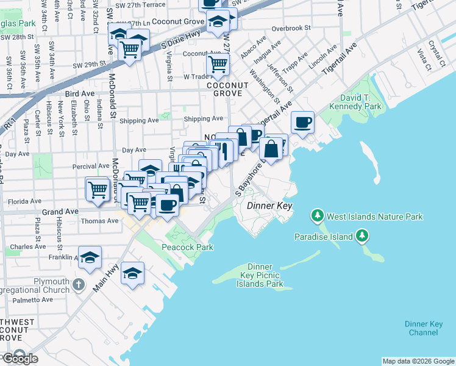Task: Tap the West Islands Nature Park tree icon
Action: click(x=317, y=216)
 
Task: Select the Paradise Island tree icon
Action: click(x=362, y=235)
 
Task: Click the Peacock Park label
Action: click(x=187, y=247)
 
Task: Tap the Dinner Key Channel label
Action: click(x=422, y=328)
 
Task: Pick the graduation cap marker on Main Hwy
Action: click(x=132, y=274)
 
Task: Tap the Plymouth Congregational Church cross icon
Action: click(x=78, y=284)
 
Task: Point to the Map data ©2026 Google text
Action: click(x=418, y=361)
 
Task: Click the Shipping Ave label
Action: click(x=204, y=118)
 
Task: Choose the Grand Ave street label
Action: click(x=59, y=211)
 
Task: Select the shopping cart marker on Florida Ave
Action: click(x=98, y=189)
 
